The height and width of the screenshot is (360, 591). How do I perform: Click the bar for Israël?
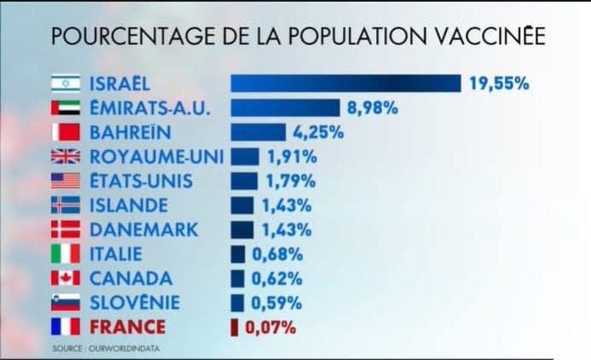pyautogui.click(x=345, y=84)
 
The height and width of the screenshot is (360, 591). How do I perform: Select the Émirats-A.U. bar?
pyautogui.click(x=286, y=107)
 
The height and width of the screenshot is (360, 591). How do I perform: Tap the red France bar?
pyautogui.click(x=235, y=328)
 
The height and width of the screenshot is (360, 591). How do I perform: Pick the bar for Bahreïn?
pyautogui.click(x=258, y=132)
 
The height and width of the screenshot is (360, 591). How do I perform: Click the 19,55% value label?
pyautogui.click(x=499, y=84)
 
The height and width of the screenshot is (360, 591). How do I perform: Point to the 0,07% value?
pyautogui.click(x=270, y=328)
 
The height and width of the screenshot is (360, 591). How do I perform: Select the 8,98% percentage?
pyautogui.click(x=372, y=107)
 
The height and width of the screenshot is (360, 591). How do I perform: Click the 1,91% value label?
pyautogui.click(x=293, y=157)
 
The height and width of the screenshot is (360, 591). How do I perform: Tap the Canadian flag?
pyautogui.click(x=66, y=278)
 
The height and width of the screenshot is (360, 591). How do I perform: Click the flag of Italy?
pyautogui.click(x=66, y=253)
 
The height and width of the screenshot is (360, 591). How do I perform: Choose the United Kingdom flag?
pyautogui.click(x=66, y=156)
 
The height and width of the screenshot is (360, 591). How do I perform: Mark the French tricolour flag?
pyautogui.click(x=66, y=327)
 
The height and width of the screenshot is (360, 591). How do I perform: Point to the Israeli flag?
pyautogui.click(x=66, y=84)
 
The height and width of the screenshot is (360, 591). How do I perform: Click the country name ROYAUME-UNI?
pyautogui.click(x=157, y=157)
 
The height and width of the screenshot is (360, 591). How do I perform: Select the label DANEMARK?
pyautogui.click(x=143, y=229)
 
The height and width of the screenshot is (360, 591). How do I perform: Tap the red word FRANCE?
pyautogui.click(x=127, y=327)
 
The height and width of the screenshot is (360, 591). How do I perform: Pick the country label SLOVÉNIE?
pyautogui.click(x=135, y=302)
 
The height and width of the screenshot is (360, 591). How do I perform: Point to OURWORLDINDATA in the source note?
pyautogui.click(x=124, y=348)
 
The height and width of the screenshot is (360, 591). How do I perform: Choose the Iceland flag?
pyautogui.click(x=66, y=205)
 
